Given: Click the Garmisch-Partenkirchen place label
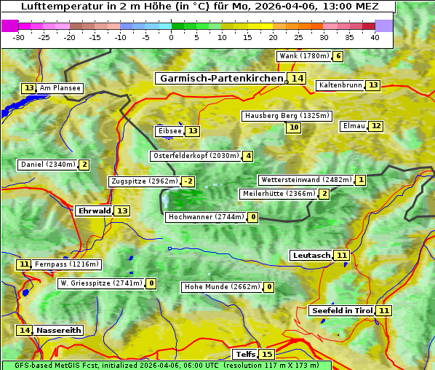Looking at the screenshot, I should pyautogui.click(x=220, y=78).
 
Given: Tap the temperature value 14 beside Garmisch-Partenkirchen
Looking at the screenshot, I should pyautogui.click(x=296, y=78).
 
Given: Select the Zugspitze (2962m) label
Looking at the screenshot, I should pyautogui.click(x=144, y=181).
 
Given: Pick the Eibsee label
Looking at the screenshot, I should pyautogui.click(x=169, y=131).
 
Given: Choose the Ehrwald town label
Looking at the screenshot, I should pyautogui.click(x=94, y=210).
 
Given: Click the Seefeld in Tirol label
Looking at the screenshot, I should pyautogui.click(x=342, y=310).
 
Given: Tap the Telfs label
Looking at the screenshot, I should pyautogui.click(x=244, y=354).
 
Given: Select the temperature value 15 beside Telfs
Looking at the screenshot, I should pyautogui.click(x=267, y=354).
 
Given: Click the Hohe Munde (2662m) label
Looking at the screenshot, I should pyautogui.click(x=221, y=287).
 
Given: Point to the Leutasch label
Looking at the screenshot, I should pyautogui.click(x=311, y=255).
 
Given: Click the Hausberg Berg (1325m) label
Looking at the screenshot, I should pyautogui.click(x=287, y=116).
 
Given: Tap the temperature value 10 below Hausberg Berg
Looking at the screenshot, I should pyautogui.click(x=293, y=127).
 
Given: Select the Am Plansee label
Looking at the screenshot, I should pyautogui.click(x=60, y=88).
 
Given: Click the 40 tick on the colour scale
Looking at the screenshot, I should pyautogui.click(x=375, y=37).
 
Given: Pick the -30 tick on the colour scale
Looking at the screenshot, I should pyautogui.click(x=19, y=37).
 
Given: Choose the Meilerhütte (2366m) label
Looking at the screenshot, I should pyautogui.click(x=279, y=194).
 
